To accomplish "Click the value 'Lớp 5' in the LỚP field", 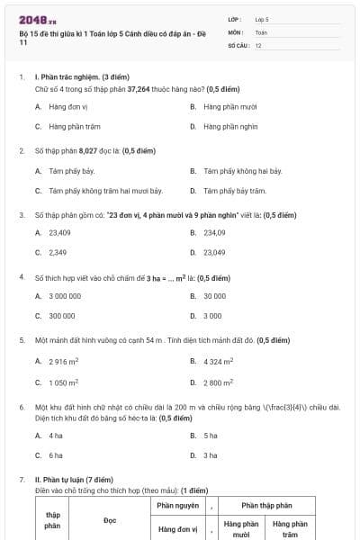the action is click(x=262, y=18).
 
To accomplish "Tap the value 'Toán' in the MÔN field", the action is click(x=261, y=31).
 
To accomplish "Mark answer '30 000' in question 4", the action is click(x=214, y=295).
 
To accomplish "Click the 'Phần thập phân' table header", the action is click(x=265, y=506).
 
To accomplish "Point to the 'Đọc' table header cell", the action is click(x=110, y=520).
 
